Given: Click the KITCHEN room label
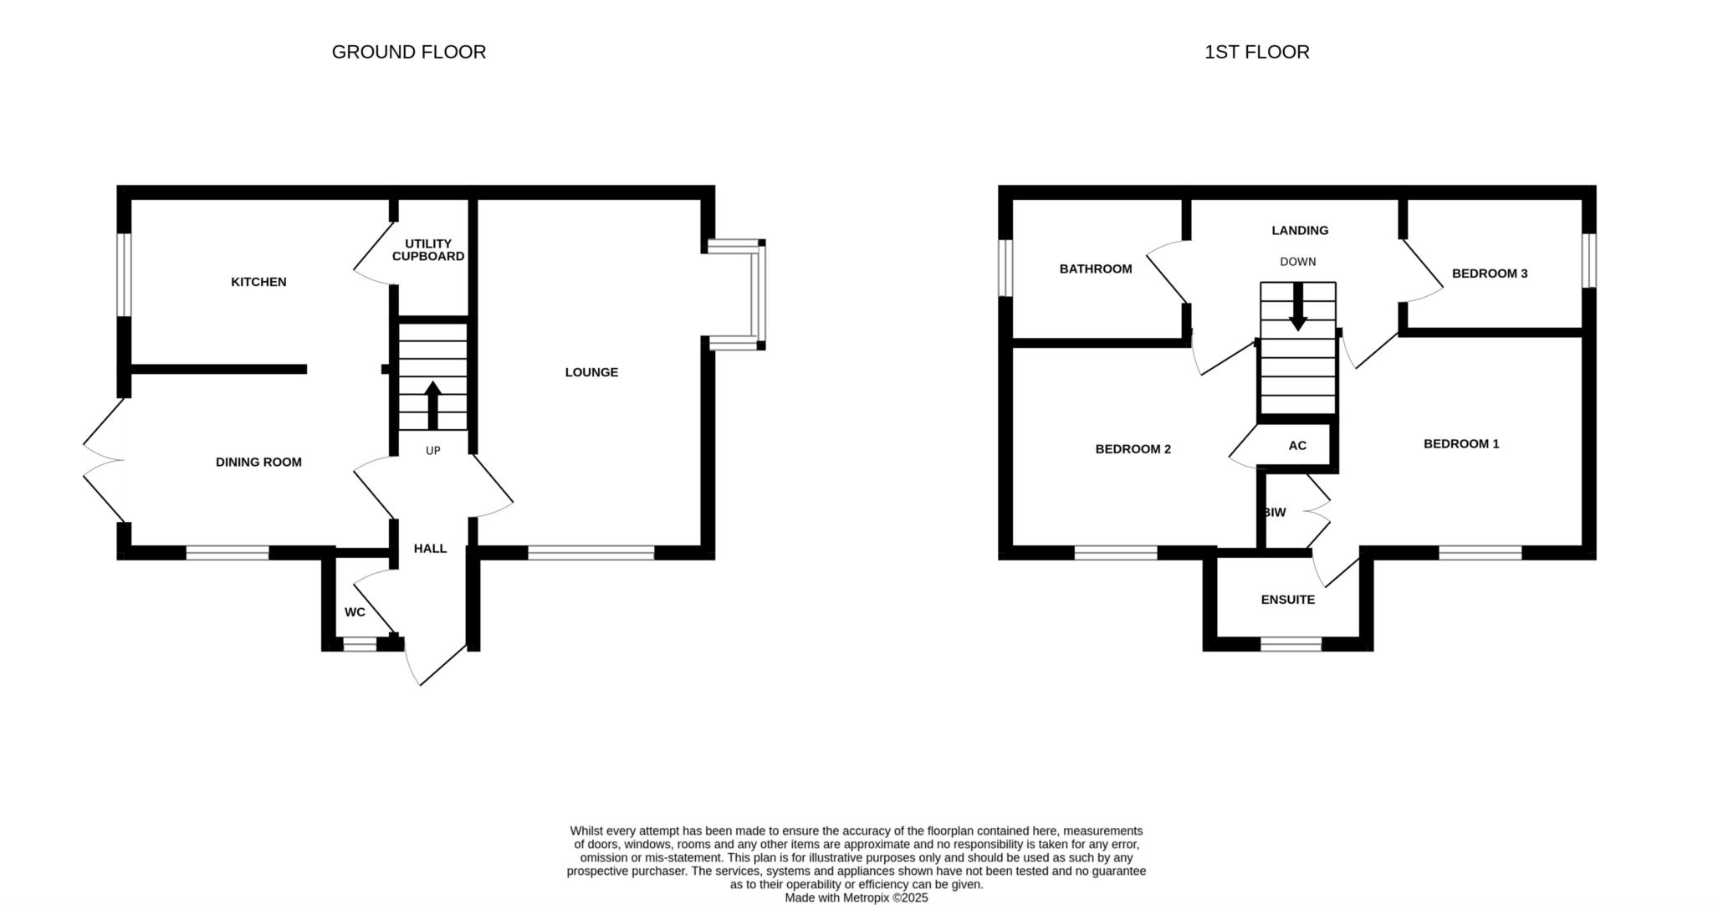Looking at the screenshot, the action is point(258,282).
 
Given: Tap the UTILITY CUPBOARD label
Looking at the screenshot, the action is point(428,250).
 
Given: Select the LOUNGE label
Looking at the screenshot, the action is point(591,372).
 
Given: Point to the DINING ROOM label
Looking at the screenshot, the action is point(258,462).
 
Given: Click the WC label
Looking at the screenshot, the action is point(355,612).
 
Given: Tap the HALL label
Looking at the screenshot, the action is point(431,549).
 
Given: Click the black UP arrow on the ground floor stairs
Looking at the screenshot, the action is point(432,406).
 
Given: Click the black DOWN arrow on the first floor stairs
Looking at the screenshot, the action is point(1298,307).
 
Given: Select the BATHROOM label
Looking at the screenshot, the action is point(1096,268).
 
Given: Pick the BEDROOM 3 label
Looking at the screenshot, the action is point(1490,274).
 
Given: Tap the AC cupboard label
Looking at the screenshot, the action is point(1297,446).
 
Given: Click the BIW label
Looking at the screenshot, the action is point(1275,513).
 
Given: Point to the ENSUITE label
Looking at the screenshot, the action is point(1288,600).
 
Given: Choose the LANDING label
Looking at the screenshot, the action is point(1300,230).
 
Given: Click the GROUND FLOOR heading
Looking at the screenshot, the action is point(409,52).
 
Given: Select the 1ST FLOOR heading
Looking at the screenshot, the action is point(1257,52).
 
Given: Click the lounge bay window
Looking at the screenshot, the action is point(758,294).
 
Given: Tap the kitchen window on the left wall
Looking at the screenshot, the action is point(124,274).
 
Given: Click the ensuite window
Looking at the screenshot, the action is point(1291,644).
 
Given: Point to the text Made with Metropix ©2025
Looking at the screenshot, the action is point(856,897).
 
